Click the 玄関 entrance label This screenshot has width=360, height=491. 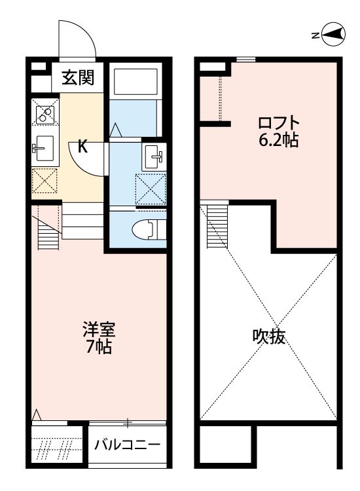78,79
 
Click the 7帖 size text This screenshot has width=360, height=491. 99,347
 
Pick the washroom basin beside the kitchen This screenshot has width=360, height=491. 155,156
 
